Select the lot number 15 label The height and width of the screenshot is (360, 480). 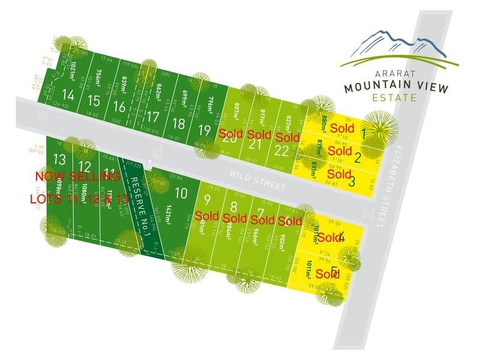93,100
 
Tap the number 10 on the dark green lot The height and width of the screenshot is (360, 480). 181,193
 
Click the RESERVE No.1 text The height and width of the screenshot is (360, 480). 140,206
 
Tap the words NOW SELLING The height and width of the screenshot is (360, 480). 78,176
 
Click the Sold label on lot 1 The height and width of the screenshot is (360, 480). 342,128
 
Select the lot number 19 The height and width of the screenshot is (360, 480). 205,130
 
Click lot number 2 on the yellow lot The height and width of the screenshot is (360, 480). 357,158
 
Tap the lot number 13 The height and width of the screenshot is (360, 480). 59,159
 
